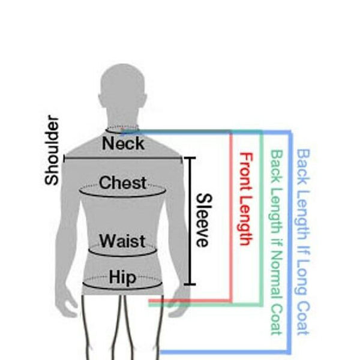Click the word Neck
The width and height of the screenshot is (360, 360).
tap(123, 143)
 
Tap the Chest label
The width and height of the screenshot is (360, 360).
tap(123, 182)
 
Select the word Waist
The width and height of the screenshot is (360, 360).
tap(122, 241)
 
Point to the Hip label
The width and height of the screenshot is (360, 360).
tap(122, 278)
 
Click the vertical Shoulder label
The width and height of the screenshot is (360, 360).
tap(52, 151)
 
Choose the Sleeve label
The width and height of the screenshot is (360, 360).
tap(203, 220)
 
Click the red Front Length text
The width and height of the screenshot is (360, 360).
tap(245, 199)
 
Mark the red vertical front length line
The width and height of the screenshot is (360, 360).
tap(231, 216)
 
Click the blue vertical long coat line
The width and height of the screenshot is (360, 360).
tap(291, 240)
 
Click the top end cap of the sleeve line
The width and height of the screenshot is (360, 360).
tap(190, 158)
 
